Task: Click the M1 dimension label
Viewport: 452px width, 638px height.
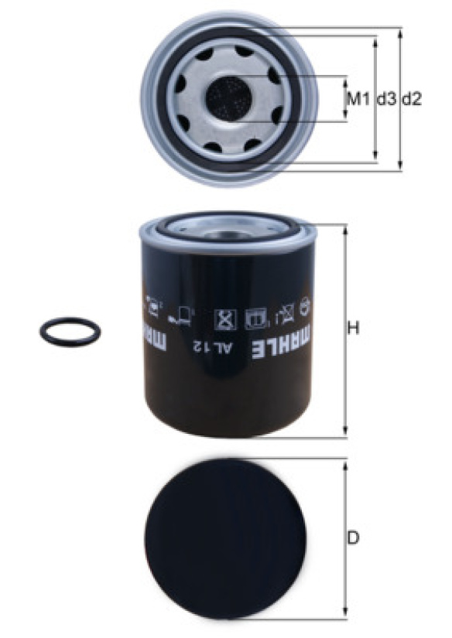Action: pos(358,99)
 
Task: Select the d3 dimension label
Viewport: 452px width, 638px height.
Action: pos(386,99)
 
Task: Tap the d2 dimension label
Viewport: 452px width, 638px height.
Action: pos(412,99)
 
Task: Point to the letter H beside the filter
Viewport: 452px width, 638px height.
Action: pos(354,328)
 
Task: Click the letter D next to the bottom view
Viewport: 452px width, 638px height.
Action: pos(354,538)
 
